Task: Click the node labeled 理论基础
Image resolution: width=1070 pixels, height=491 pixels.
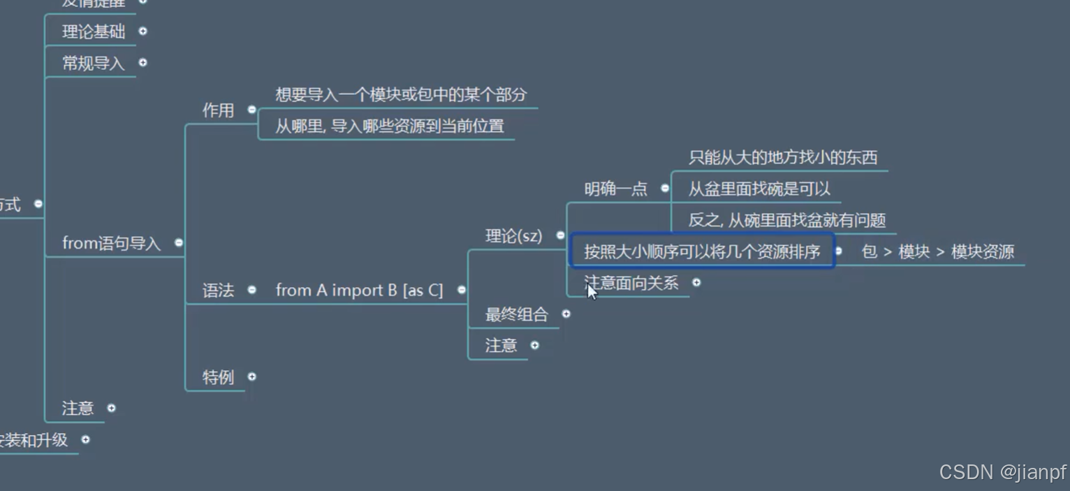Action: click(94, 31)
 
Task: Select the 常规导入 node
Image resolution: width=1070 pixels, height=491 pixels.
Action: click(94, 63)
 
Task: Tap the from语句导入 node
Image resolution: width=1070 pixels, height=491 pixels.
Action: click(112, 243)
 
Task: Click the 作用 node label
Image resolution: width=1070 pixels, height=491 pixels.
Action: click(218, 110)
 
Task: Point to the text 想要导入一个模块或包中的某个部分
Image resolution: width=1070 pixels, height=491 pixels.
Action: click(401, 95)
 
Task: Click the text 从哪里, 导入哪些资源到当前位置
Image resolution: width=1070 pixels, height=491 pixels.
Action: click(389, 126)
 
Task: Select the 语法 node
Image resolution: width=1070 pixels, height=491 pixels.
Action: click(218, 291)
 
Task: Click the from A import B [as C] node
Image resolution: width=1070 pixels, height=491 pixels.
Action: click(359, 290)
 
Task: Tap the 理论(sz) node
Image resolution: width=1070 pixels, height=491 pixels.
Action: click(513, 236)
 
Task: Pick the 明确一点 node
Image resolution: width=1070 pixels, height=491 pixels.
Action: click(615, 189)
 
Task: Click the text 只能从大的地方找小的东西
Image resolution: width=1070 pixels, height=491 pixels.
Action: click(782, 158)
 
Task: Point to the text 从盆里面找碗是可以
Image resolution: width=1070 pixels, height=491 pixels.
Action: click(759, 189)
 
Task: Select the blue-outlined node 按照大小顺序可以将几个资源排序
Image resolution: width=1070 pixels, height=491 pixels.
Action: click(702, 251)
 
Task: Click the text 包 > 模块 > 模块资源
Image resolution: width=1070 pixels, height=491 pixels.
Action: click(937, 252)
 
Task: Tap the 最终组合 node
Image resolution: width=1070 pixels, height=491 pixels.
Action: click(517, 314)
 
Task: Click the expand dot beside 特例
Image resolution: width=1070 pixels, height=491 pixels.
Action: click(251, 376)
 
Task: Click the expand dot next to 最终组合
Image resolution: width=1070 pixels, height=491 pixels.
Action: click(566, 314)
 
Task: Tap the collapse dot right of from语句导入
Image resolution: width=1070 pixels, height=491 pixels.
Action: click(179, 243)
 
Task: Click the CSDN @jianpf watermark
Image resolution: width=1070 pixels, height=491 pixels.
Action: click(1002, 472)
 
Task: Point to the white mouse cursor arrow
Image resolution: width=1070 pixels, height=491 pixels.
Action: click(592, 291)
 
